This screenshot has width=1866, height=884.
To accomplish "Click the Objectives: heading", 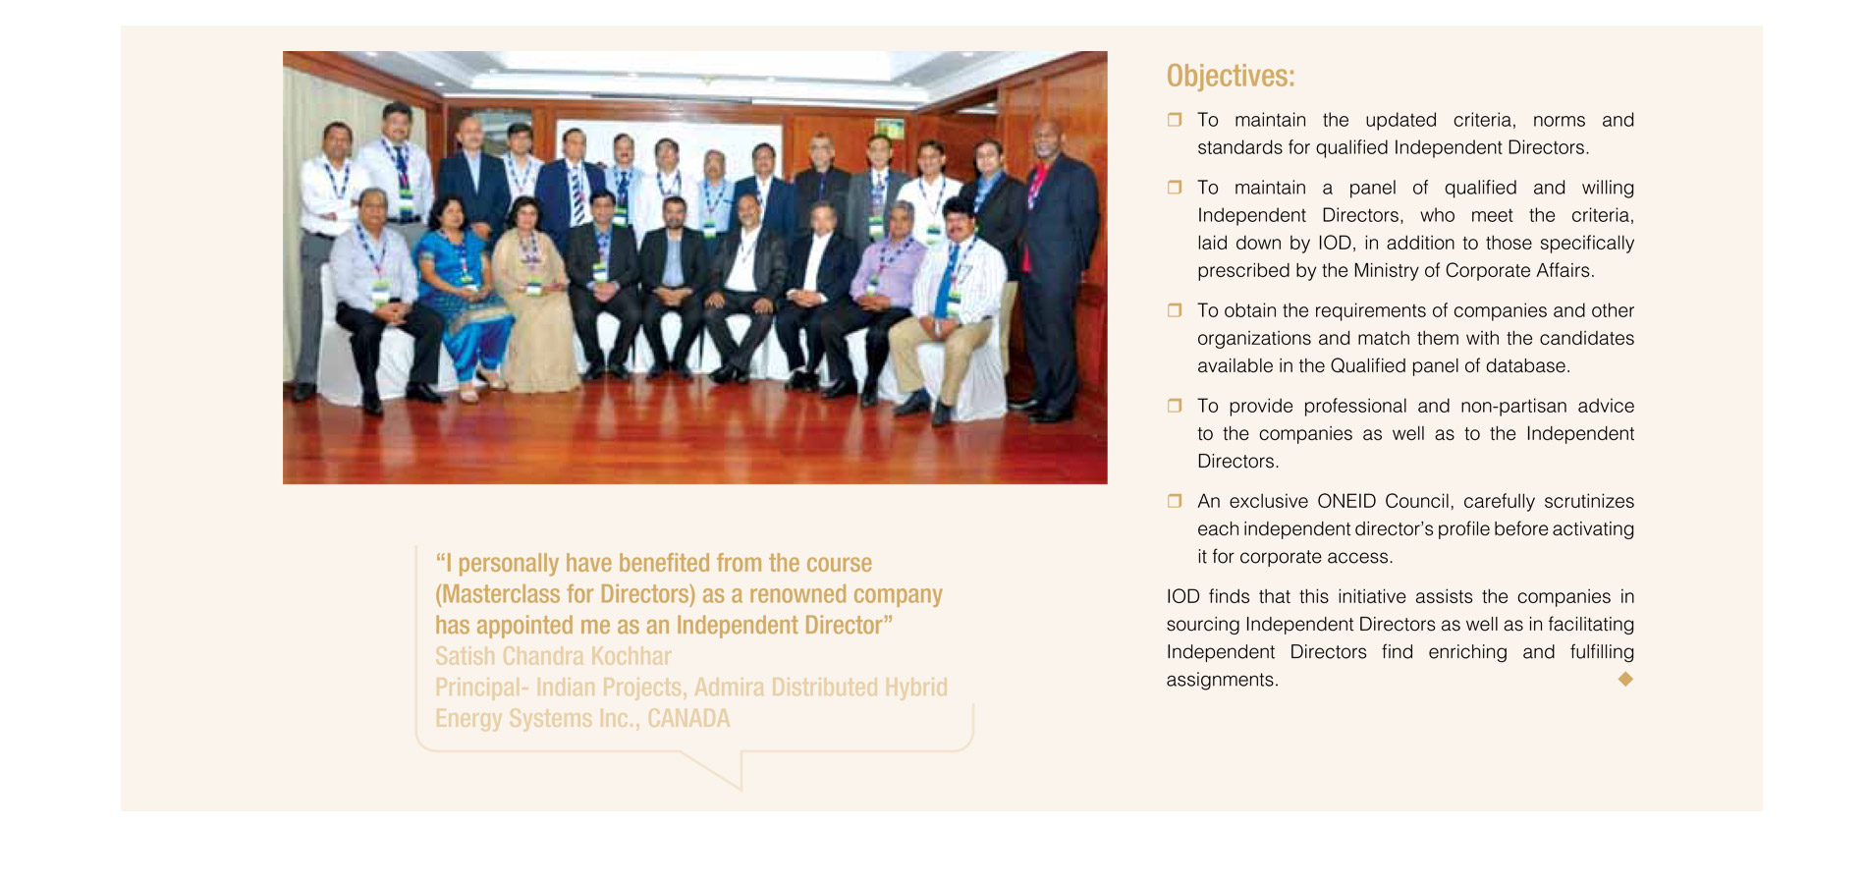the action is [x=1230, y=76].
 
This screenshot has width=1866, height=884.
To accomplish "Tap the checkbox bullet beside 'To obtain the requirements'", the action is [x=1174, y=310].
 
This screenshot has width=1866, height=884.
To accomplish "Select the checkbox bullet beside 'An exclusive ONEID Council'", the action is [x=1174, y=501].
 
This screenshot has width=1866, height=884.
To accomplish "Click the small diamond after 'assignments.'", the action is [x=1625, y=679].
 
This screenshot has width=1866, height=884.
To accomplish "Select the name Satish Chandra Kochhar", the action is [x=553, y=656].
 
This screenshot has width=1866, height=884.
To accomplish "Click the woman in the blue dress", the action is [x=462, y=295].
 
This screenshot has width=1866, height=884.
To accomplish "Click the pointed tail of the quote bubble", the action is [x=741, y=788].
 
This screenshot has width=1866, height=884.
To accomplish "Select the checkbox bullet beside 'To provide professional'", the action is [x=1174, y=406].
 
